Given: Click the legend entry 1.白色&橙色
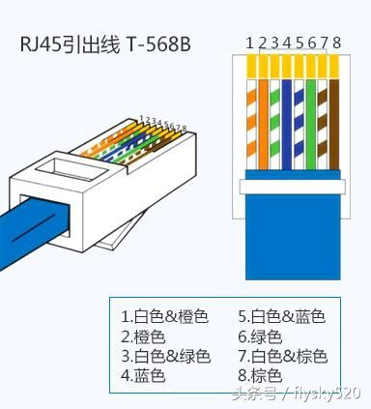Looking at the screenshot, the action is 164,316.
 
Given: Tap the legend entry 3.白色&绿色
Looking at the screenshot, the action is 165,356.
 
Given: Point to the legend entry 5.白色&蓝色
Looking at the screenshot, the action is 281,316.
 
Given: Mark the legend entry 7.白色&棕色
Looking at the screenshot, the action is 282,356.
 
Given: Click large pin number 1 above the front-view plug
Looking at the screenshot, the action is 249,42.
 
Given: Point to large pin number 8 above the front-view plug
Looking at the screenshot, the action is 337,42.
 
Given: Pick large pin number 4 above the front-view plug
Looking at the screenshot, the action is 287,42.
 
